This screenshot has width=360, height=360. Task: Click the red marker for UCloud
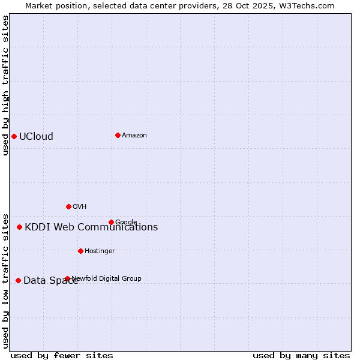tap(14, 136)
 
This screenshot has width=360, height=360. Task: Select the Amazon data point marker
tap(118, 135)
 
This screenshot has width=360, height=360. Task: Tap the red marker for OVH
tap(68, 206)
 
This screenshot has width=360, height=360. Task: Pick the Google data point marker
tap(111, 222)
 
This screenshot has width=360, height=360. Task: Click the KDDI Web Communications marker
tap(19, 227)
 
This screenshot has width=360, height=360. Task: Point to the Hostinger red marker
tap(80, 251)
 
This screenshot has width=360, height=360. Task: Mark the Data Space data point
tap(18, 280)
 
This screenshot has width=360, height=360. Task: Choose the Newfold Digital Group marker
tap(67, 278)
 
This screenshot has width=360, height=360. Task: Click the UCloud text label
tap(36, 136)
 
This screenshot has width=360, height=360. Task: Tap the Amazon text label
tap(134, 135)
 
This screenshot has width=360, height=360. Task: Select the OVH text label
tap(80, 206)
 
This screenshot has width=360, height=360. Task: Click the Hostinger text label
tap(100, 251)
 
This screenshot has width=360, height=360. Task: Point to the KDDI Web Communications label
tap(91, 227)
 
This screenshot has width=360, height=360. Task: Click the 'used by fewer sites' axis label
tap(62, 355)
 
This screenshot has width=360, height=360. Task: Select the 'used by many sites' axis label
tap(301, 355)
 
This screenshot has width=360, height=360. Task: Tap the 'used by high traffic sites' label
tap(5, 85)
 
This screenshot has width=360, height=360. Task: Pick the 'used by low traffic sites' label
tap(5, 280)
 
